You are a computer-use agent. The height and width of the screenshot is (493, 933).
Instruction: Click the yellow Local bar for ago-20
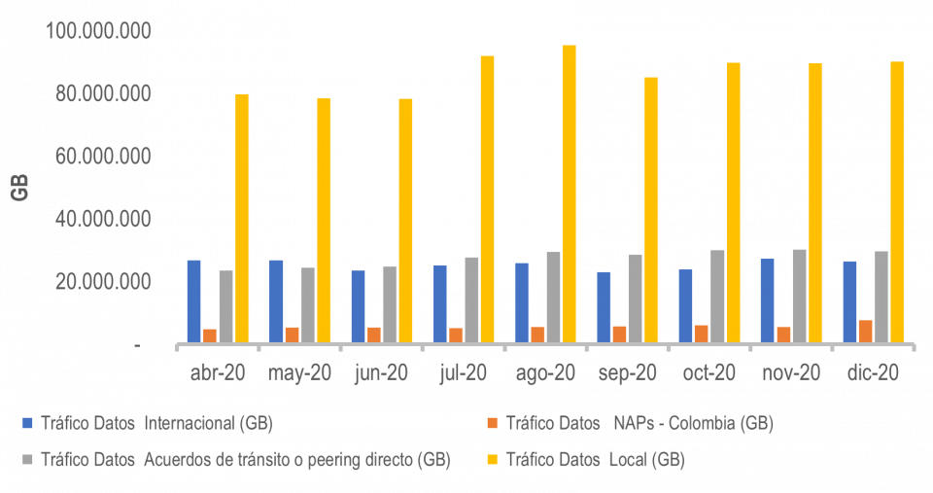pos(569,194)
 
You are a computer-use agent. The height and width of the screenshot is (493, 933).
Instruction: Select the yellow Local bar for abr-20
pos(242,218)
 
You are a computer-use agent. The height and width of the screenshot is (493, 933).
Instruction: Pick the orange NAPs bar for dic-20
pos(865,331)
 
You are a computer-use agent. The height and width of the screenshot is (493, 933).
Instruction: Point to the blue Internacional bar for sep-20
pos(605,306)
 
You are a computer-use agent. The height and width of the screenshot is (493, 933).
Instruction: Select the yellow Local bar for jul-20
pos(487,198)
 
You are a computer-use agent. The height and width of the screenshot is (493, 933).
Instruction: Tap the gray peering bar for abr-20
pos(225,305)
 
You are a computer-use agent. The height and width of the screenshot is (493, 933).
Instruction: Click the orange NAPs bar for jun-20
pos(374,334)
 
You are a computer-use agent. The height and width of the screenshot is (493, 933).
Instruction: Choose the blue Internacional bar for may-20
pos(276,300)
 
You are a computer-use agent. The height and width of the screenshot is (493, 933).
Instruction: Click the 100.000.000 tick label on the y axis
pos(98,32)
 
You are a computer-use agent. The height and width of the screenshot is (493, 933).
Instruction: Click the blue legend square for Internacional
pos(29,423)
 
